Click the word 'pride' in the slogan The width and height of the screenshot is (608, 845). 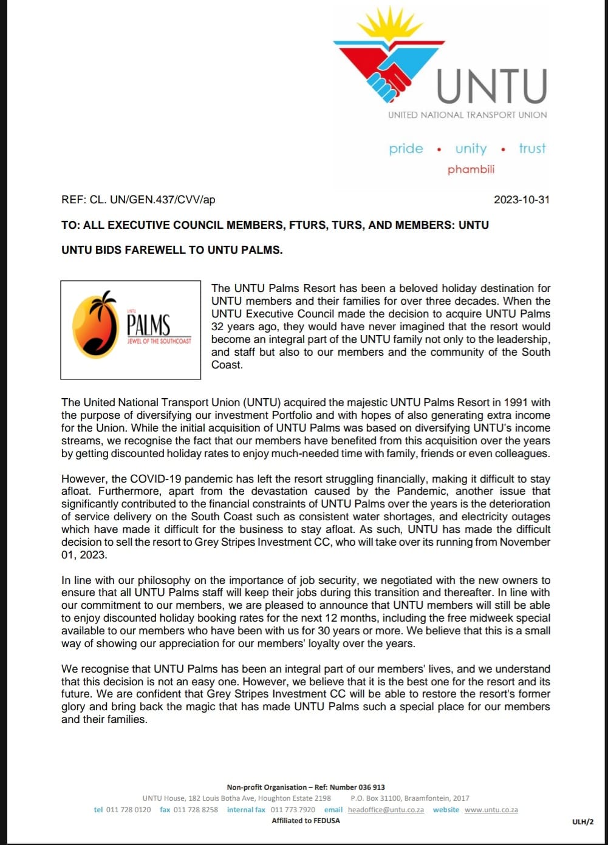406,149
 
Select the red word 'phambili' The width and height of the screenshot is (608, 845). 471,169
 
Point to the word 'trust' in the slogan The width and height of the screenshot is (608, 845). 532,149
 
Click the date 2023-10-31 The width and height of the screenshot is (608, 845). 521,200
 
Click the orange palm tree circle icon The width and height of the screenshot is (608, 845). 95,326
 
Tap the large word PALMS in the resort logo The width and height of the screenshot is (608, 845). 149,325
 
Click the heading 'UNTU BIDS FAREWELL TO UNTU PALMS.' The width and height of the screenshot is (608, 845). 172,249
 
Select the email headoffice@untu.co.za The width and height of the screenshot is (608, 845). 386,810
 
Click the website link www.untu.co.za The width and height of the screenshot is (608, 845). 491,810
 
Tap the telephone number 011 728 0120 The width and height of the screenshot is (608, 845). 128,810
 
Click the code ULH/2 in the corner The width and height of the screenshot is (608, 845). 582,822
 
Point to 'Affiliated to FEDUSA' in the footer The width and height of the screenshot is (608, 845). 306,821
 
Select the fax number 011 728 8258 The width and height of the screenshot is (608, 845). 195,810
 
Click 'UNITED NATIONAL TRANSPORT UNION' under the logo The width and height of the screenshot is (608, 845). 467,115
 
